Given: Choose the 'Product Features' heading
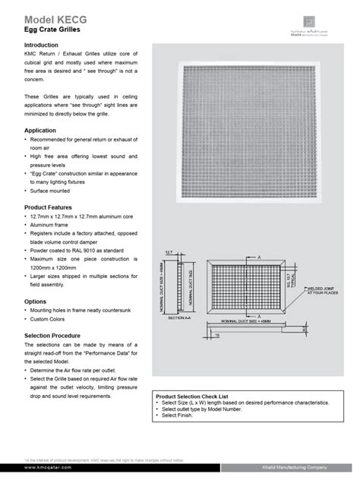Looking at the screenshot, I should (x=51, y=207).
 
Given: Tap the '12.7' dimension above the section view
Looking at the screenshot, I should (x=168, y=251).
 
